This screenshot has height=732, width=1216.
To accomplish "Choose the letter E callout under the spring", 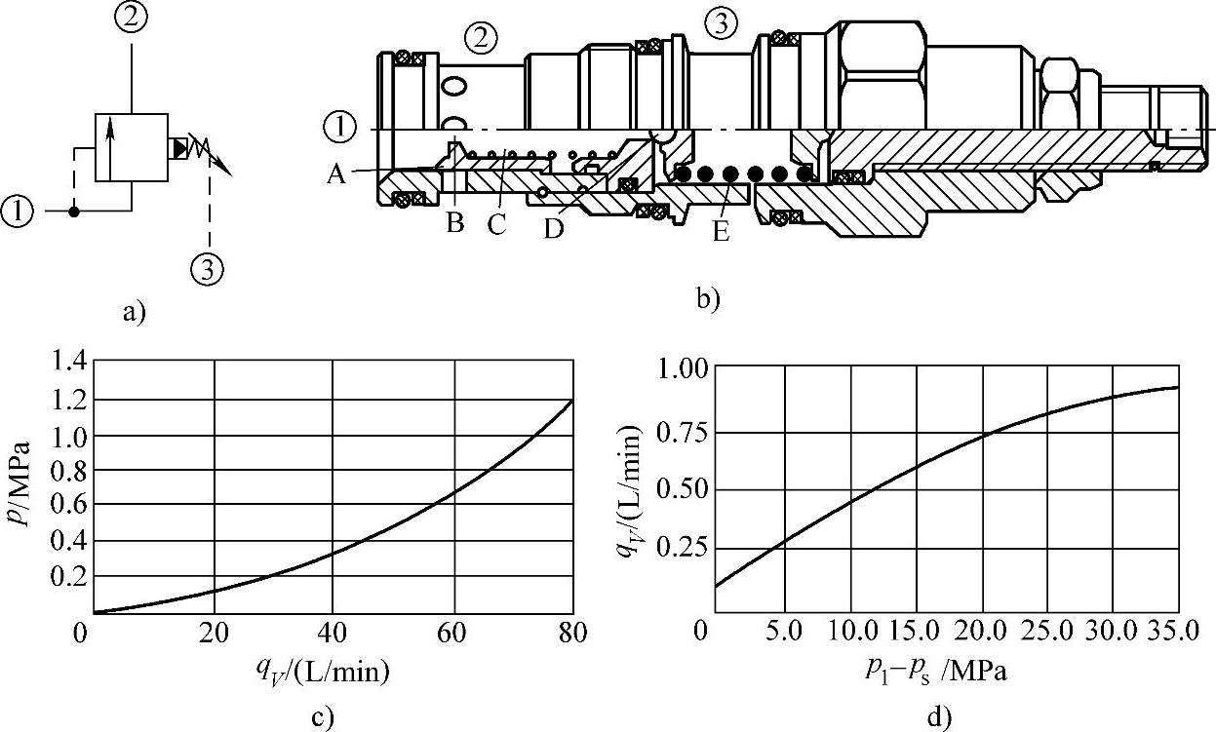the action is click(x=722, y=232).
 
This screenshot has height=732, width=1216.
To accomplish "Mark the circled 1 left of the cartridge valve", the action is click(x=339, y=127).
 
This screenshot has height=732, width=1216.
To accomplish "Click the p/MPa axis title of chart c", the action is click(x=26, y=483).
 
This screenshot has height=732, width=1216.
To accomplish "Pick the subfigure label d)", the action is click(x=938, y=719).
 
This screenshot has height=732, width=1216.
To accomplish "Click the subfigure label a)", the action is click(x=132, y=312).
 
